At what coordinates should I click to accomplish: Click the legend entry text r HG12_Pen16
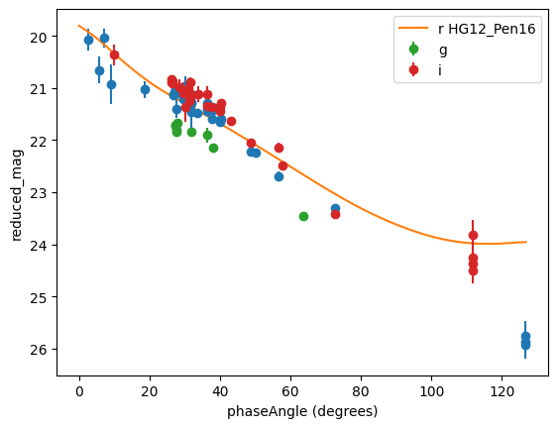pyautogui.click(x=487, y=29)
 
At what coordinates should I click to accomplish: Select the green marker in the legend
pyautogui.click(x=413, y=50)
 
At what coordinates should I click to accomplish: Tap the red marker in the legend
pyautogui.click(x=413, y=69)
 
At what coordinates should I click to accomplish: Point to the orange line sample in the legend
pyautogui.click(x=413, y=28)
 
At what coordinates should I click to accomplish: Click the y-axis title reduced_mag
pyautogui.click(x=17, y=195)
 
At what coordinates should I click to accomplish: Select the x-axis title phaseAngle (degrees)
pyautogui.click(x=302, y=411)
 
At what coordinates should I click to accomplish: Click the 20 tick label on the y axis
pyautogui.click(x=39, y=37)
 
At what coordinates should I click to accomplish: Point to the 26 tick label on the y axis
pyautogui.click(x=39, y=350)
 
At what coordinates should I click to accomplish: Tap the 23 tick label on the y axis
pyautogui.click(x=39, y=193)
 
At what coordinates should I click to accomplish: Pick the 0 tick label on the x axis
pyautogui.click(x=79, y=391)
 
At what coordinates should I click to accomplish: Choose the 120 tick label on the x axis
pyautogui.click(x=502, y=391)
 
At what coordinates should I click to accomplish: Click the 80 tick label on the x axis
pyautogui.click(x=361, y=391)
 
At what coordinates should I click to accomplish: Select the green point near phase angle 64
pyautogui.click(x=303, y=216)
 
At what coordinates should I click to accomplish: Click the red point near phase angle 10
pyautogui.click(x=114, y=54)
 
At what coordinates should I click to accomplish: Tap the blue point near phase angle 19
pyautogui.click(x=145, y=89)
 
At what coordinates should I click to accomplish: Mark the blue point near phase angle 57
pyautogui.click(x=279, y=176)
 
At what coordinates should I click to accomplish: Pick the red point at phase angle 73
pyautogui.click(x=335, y=215)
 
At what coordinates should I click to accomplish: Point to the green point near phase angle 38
pyautogui.click(x=213, y=148)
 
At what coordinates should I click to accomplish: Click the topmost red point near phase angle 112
pyautogui.click(x=473, y=235)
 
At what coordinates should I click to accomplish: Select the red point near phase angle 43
pyautogui.click(x=231, y=121)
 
